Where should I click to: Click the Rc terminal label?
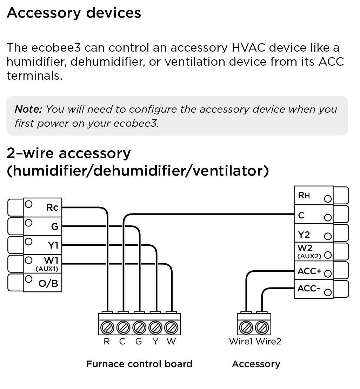52,207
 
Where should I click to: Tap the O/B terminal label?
48,283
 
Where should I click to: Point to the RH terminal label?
304,195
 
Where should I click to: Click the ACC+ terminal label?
309,271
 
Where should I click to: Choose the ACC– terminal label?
309,289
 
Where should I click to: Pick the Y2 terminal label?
304,234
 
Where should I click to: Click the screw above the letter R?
106,328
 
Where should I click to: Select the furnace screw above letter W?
171,328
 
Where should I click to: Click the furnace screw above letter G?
139,328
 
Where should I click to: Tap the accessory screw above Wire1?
246,328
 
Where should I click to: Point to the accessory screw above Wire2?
261,328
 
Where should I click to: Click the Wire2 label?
268,341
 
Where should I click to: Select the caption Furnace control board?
139,364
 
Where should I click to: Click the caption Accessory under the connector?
256,364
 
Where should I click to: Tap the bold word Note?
28,109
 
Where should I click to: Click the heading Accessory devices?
74,13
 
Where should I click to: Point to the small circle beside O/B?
29,279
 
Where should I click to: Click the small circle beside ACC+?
328,273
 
